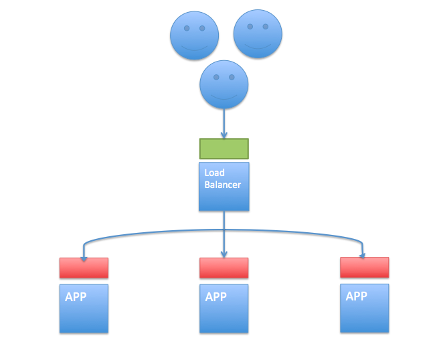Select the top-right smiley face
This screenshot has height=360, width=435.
click(x=258, y=34)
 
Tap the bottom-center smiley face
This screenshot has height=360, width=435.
click(x=224, y=84)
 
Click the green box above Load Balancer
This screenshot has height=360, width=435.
click(x=224, y=148)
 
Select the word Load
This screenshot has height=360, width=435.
click(x=214, y=173)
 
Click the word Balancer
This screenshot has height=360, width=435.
click(x=222, y=184)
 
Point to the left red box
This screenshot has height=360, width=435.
click(x=84, y=268)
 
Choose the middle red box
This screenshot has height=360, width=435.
click(x=224, y=268)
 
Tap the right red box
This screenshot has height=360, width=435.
click(x=364, y=267)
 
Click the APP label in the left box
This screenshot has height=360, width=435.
click(x=76, y=297)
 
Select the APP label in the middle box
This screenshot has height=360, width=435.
click(x=215, y=297)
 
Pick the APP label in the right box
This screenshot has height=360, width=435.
click(x=356, y=296)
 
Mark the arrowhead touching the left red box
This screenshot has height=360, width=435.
click(x=83, y=255)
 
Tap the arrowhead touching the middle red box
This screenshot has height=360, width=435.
click(x=224, y=254)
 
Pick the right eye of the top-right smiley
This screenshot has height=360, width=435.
click(x=266, y=27)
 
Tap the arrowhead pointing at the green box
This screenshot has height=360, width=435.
click(x=224, y=134)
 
